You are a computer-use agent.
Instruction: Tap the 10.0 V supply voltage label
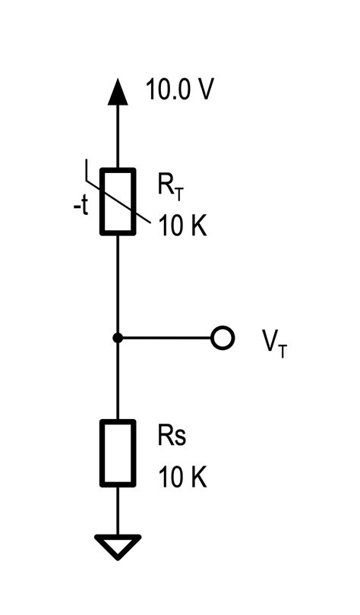180,90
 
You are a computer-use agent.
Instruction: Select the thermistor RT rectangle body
118,201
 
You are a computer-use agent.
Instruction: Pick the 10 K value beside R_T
182,226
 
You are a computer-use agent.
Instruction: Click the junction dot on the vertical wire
117,338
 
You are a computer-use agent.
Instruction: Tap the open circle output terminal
222,338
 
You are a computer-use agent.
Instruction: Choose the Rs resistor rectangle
118,453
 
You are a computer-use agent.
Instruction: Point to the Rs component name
172,437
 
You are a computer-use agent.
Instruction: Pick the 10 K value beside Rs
182,478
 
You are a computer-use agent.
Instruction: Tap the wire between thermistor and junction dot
117,285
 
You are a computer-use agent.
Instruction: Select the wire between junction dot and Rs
117,380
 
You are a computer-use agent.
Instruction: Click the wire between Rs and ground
118,510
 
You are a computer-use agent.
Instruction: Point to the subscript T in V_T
283,351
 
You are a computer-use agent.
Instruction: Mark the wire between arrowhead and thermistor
117,137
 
